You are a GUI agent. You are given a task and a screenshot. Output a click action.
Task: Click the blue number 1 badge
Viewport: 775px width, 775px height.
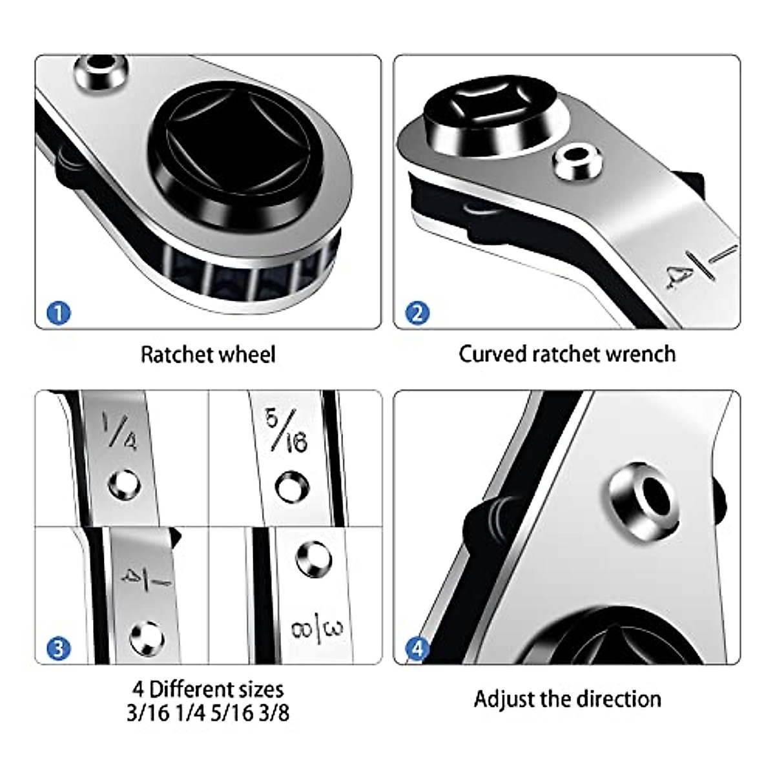(59, 313)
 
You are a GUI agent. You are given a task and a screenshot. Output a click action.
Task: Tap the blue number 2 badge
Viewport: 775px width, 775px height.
(417, 313)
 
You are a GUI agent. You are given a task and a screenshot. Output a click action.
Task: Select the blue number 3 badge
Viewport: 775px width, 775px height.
(59, 647)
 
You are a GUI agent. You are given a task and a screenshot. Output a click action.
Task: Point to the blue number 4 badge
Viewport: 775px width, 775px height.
(417, 648)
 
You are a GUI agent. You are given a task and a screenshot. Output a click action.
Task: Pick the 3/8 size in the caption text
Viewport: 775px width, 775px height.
(282, 714)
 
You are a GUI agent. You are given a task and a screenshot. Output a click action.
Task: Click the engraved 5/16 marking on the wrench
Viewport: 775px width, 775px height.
(286, 430)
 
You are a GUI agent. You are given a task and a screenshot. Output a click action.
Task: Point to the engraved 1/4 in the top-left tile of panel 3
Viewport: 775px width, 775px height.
(119, 432)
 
